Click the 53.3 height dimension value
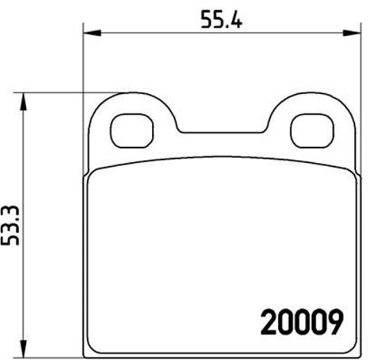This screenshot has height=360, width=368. (11, 227)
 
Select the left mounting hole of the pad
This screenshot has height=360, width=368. (131, 131)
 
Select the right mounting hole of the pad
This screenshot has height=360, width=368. (313, 131)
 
